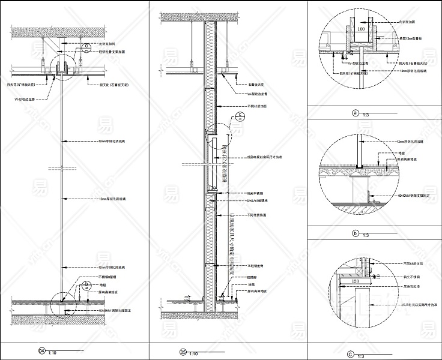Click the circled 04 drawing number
[41, 350]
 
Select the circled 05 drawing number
[183, 352]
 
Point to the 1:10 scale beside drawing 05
[195, 354]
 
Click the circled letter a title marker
[355, 112]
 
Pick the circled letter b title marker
[355, 233]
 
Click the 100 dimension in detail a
[361, 28]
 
